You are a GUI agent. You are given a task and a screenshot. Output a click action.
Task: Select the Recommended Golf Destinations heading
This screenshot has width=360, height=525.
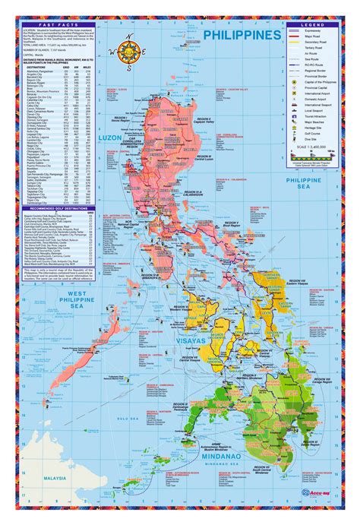pos(64,207)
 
